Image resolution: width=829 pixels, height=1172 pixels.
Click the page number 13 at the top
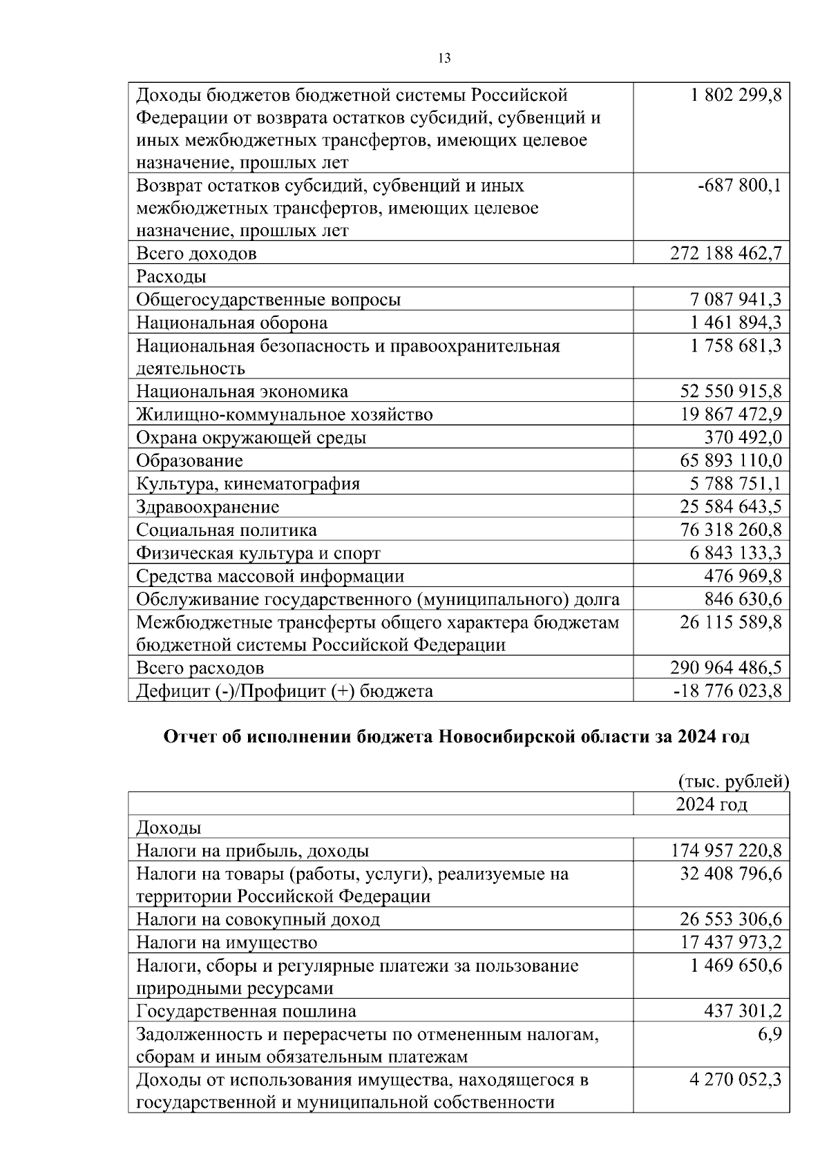(445, 58)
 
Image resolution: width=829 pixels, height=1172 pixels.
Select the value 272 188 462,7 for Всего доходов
(726, 253)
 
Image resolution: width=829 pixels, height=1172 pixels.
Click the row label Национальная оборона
(231, 323)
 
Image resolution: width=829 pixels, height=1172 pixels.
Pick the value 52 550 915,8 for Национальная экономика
(731, 392)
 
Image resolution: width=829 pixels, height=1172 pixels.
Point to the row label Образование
(189, 461)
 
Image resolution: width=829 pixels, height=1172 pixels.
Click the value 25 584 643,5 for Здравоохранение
(731, 507)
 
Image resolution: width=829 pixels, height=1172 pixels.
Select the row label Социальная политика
(227, 530)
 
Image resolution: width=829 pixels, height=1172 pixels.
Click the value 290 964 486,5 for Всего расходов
(726, 668)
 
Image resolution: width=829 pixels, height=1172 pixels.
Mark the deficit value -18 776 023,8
(728, 691)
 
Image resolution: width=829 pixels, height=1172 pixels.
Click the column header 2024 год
(711, 805)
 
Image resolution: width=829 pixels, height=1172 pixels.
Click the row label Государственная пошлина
(246, 1012)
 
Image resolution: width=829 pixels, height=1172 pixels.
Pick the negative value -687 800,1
(739, 186)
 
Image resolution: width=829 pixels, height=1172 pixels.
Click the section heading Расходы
(171, 277)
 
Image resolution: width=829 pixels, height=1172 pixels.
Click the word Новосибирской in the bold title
(508, 737)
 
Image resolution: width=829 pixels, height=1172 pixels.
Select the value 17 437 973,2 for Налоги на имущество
(731, 943)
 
